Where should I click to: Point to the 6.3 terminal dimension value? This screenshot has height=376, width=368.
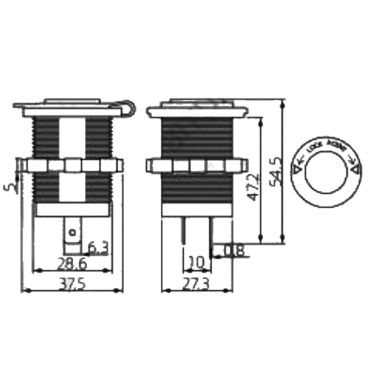click(98, 247)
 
